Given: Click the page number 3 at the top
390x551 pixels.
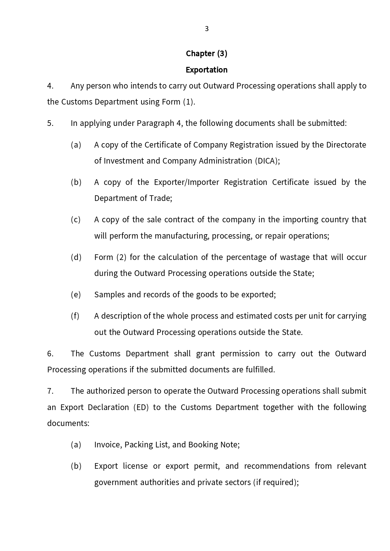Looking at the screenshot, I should coord(206,29).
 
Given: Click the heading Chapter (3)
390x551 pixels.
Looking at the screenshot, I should coord(206,54).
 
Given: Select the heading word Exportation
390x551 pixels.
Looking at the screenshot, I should coord(206,70).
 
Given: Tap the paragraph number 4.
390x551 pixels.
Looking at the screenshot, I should coord(50,86).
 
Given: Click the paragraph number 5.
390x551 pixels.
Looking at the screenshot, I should coord(50,123).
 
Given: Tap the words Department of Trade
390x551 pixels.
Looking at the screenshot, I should coord(133,198).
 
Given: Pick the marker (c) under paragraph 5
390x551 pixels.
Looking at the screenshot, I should coord(76,220).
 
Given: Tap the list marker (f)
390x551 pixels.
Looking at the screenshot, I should coord(75,316).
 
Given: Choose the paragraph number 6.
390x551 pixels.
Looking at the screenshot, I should coord(50,354).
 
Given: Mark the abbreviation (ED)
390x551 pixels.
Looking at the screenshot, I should coord(141,408).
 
